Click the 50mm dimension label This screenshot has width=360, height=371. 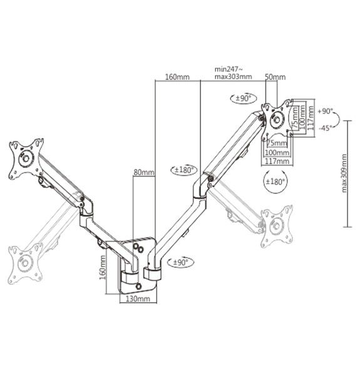pos(275,78)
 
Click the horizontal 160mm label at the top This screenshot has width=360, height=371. pos(177,78)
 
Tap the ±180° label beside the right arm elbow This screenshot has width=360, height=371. pos(182,170)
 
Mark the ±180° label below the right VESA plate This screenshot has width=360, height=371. pos(276,181)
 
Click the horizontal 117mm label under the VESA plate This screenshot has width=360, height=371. pos(278,161)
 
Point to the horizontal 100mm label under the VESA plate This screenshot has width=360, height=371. pos(277,152)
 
